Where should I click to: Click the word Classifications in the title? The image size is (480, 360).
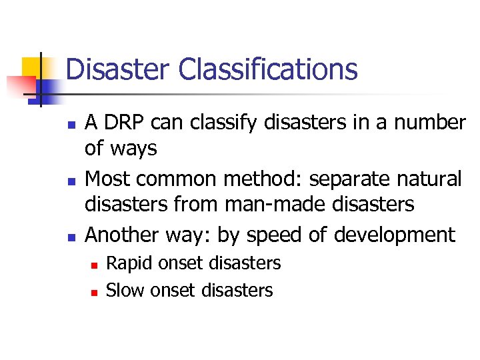(269, 70)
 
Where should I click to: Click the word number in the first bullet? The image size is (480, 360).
(431, 123)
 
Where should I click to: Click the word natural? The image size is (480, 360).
(431, 179)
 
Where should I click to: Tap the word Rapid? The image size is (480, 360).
(125, 264)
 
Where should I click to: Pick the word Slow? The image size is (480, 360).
(125, 290)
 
